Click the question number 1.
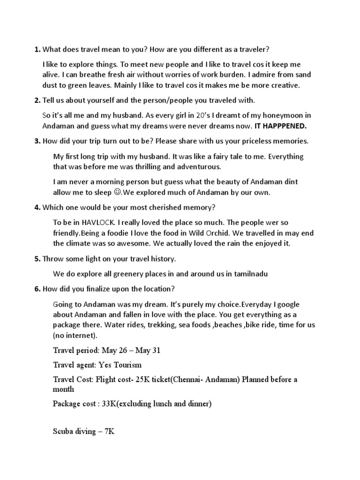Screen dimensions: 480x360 tap(37, 50)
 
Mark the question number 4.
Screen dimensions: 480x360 tap(37, 208)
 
